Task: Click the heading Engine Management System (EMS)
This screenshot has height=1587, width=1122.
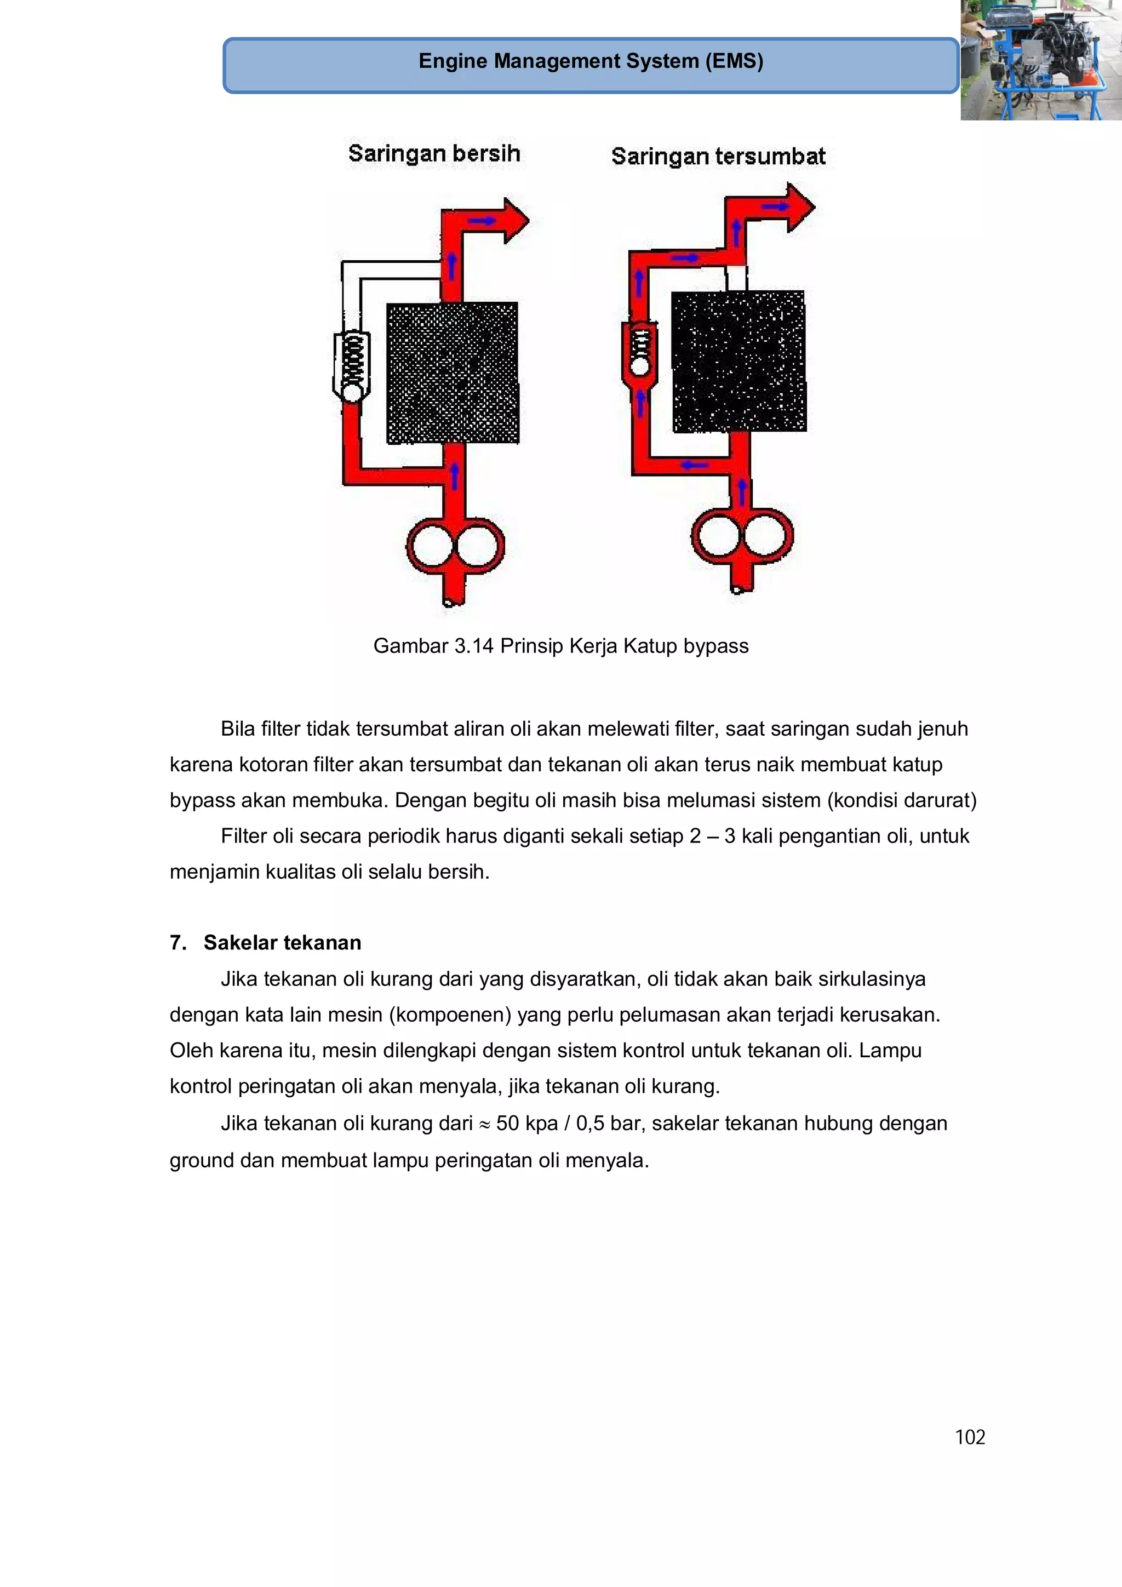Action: (x=591, y=61)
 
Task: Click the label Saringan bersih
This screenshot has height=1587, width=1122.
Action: (x=433, y=153)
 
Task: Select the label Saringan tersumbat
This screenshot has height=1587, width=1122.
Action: (x=718, y=156)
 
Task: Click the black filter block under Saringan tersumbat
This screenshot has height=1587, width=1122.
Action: (x=739, y=361)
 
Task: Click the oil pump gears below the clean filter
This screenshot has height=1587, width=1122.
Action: (x=455, y=546)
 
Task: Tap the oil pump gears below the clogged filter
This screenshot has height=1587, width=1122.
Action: (x=742, y=536)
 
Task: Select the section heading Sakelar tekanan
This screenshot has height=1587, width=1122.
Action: (x=282, y=942)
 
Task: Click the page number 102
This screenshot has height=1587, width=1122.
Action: (x=969, y=1437)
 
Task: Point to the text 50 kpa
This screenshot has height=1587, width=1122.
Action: (x=527, y=1123)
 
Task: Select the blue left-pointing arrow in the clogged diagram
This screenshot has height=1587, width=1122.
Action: (x=694, y=465)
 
